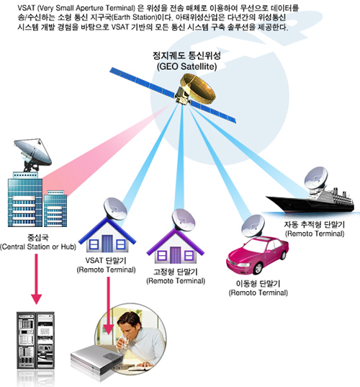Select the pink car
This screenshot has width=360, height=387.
[x=258, y=255]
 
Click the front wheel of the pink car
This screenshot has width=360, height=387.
[x=258, y=269]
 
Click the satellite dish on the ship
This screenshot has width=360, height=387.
[x=316, y=178]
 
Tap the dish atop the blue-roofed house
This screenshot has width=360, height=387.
[x=115, y=208]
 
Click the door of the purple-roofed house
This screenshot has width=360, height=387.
[x=175, y=254]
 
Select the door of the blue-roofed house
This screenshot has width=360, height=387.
[x=107, y=243]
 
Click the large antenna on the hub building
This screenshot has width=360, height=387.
[x=33, y=154]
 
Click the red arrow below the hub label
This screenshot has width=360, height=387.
[x=36, y=279]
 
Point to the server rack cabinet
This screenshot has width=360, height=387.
[x=35, y=341]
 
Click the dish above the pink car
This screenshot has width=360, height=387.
[x=253, y=226]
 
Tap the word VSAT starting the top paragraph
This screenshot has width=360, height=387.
[x=24, y=8]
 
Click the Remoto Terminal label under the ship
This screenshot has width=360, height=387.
[x=315, y=233]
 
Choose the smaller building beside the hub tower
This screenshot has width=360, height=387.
[x=55, y=208]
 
